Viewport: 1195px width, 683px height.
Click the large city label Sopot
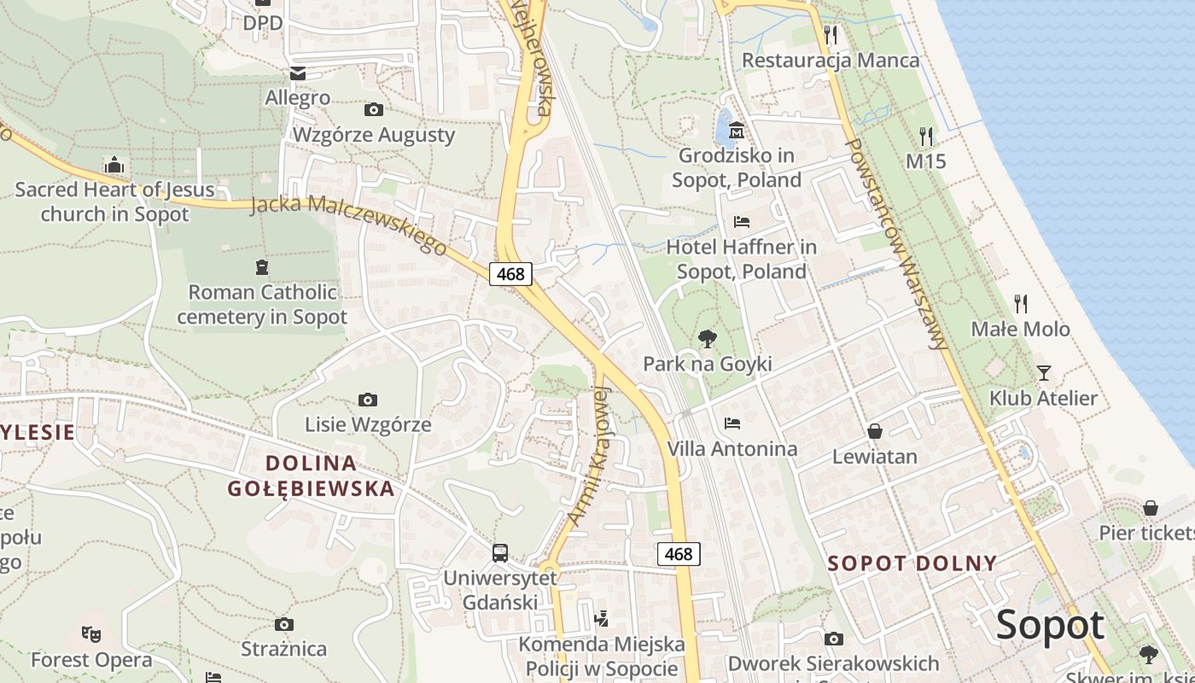pyautogui.click(x=1050, y=626)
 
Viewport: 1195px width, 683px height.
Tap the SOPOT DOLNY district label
pyautogui.click(x=912, y=563)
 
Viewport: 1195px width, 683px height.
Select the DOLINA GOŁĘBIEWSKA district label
pyautogui.click(x=311, y=476)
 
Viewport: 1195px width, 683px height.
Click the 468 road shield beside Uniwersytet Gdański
pyautogui.click(x=679, y=554)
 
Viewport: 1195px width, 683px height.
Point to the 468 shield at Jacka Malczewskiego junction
pyautogui.click(x=510, y=274)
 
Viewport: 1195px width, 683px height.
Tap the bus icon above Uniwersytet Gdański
pyautogui.click(x=500, y=553)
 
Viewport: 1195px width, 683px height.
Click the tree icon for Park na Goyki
pyautogui.click(x=707, y=339)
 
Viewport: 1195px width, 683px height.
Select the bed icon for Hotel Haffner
pyautogui.click(x=742, y=222)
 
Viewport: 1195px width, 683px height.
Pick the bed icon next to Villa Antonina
pyautogui.click(x=732, y=423)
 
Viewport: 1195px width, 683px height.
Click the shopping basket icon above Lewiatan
pyautogui.click(x=875, y=431)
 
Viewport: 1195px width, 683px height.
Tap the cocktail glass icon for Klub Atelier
pyautogui.click(x=1043, y=373)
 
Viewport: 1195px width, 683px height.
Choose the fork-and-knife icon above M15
pyautogui.click(x=926, y=136)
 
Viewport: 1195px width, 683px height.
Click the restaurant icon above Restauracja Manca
pyautogui.click(x=830, y=34)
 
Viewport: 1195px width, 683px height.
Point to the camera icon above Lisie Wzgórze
pyautogui.click(x=368, y=400)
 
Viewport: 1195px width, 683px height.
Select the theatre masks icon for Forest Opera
pyautogui.click(x=91, y=634)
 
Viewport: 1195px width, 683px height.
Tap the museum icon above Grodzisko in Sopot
pyautogui.click(x=737, y=131)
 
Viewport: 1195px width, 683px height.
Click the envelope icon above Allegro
pyautogui.click(x=297, y=73)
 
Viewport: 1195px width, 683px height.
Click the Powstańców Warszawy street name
pyautogui.click(x=896, y=243)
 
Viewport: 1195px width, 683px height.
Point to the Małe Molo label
pyautogui.click(x=1020, y=330)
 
